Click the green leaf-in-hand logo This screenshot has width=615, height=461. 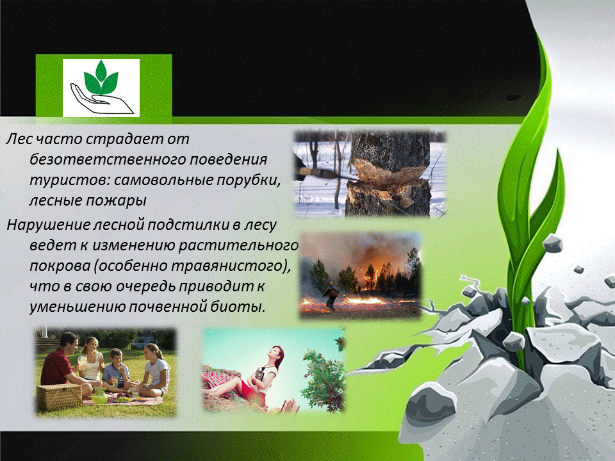101,88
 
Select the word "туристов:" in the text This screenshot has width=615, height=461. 69,181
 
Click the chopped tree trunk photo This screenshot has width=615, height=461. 370,174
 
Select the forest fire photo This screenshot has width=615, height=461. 360,275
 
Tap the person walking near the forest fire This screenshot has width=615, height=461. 332,296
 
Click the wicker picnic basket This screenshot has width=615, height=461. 59,397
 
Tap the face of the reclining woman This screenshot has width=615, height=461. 277,354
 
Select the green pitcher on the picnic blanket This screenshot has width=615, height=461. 100,396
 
